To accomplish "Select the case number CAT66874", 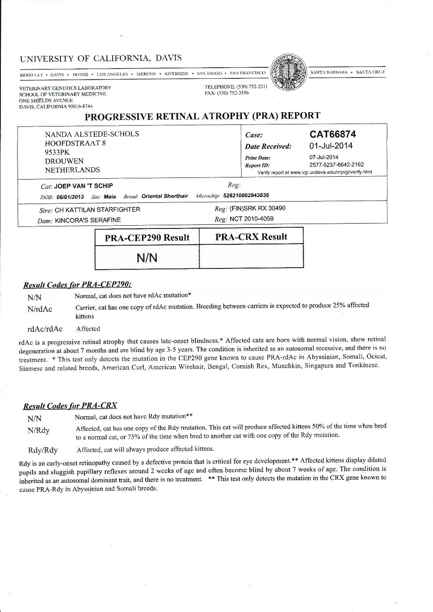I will pos(333,134).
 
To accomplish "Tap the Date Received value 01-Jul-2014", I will pos(331,146).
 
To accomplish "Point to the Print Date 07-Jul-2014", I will pos(324,157).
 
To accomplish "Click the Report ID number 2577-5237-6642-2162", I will pos(336,165).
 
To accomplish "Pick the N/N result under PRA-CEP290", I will pos(147,258).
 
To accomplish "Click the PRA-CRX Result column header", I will pos(251,237).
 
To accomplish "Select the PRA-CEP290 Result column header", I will pos(147,237).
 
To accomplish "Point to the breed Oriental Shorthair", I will pos(164,196).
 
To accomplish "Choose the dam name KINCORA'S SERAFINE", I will pos(88,220).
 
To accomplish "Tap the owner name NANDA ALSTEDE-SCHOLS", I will pos(92,134).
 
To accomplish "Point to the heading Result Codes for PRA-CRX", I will pos(70,406).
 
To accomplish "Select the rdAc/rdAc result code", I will pos(45,329).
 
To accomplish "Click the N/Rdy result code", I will pos(39,430).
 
